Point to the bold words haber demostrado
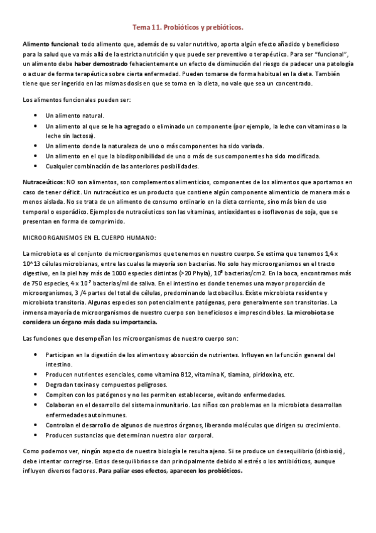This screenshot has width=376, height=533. [x=100, y=64]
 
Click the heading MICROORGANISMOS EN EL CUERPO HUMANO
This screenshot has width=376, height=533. [x=89, y=237]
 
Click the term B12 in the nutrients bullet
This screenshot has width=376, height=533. [x=186, y=375]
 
